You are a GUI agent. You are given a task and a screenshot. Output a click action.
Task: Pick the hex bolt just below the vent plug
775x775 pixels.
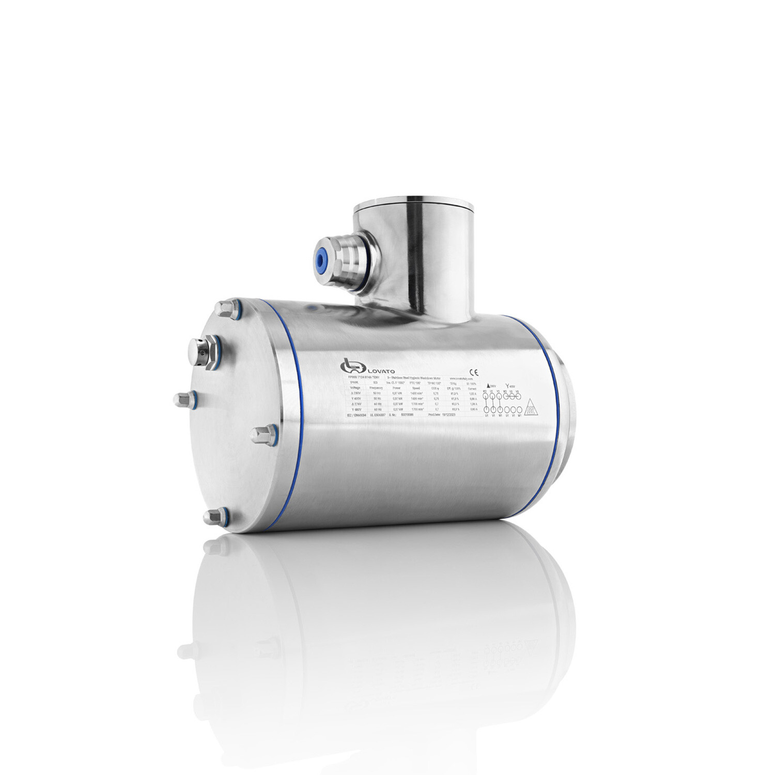[x=182, y=399]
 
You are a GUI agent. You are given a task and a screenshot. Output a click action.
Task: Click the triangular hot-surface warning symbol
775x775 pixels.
[x=530, y=408]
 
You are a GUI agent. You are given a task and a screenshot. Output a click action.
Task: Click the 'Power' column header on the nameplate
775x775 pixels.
[x=397, y=387]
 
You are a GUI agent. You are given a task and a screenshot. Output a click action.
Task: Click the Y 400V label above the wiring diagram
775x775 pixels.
[x=510, y=385]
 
